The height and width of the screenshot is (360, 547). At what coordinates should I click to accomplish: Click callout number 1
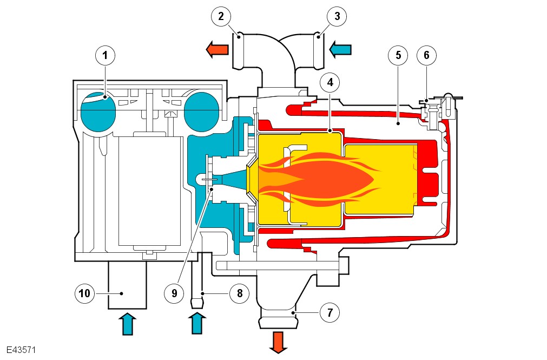[106, 55]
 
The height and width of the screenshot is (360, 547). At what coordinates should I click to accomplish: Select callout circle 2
[221, 16]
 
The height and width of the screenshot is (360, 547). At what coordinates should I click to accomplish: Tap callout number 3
[337, 16]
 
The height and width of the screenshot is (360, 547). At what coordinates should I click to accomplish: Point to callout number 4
[329, 82]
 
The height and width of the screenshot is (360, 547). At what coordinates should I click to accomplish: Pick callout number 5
[398, 55]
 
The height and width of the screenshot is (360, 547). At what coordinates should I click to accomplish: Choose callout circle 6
[426, 55]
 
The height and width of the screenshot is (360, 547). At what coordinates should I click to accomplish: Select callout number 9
[174, 293]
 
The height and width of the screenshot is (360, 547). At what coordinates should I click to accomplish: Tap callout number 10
[84, 293]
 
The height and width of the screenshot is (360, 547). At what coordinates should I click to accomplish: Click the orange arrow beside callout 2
[216, 50]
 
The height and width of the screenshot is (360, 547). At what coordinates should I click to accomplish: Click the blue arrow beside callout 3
[341, 50]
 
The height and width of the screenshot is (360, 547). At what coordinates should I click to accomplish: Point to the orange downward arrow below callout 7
[278, 342]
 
